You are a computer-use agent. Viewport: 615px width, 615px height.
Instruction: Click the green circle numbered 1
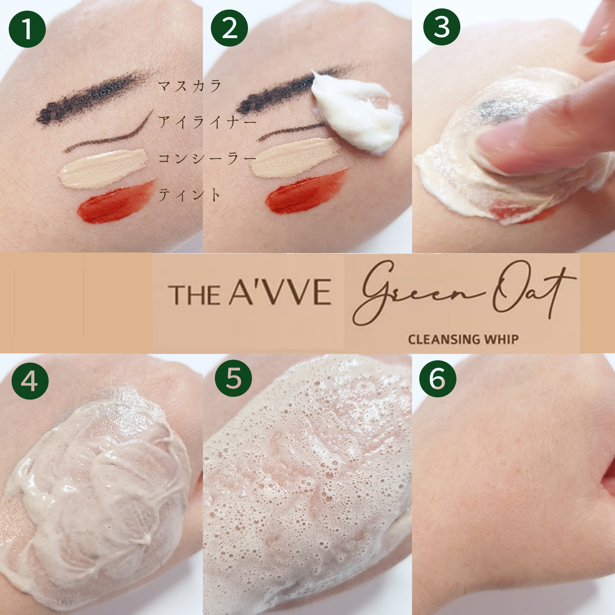27,29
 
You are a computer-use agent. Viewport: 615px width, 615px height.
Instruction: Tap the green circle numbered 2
229,29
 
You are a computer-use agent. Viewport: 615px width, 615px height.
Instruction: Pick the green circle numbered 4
30,380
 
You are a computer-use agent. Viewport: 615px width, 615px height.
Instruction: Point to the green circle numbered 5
233,380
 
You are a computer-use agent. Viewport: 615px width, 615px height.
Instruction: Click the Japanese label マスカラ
190,86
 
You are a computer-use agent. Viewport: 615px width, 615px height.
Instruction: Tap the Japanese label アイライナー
207,122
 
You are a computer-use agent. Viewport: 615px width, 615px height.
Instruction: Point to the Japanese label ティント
189,195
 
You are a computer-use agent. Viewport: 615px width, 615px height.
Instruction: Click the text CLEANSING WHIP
463,339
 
